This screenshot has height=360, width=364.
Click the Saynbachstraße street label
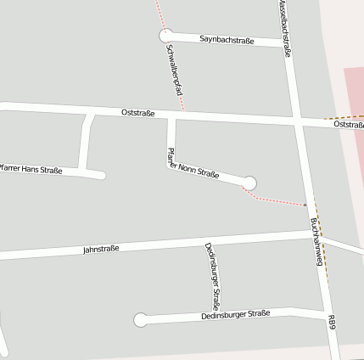click(227, 40)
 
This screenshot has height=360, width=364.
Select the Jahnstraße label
click(101, 250)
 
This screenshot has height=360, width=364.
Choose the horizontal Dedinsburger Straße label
click(235, 315)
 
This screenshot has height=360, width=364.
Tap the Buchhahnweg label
click(317, 241)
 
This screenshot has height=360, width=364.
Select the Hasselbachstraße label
click(286, 30)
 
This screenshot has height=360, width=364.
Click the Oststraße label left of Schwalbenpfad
click(137, 112)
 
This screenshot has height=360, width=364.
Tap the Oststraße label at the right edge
click(349, 125)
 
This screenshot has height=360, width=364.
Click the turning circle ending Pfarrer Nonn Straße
click(249, 183)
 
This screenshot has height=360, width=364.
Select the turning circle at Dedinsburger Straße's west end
click(141, 320)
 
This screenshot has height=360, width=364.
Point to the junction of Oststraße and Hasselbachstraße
click(296, 120)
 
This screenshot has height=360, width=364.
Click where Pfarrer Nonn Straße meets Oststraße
click(171, 115)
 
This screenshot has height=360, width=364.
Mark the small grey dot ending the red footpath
click(305, 205)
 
